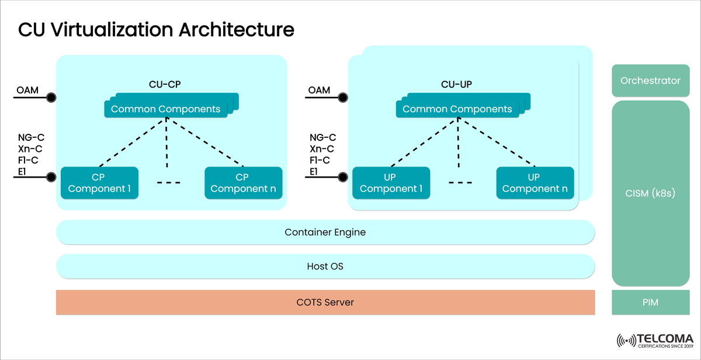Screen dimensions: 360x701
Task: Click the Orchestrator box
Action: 651,81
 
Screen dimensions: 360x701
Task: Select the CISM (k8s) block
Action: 651,193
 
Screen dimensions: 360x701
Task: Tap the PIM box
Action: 651,302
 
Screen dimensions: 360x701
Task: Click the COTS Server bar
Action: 325,302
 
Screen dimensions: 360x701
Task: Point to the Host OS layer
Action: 325,266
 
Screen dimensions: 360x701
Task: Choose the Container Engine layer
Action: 325,232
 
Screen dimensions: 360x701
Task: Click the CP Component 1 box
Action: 99,182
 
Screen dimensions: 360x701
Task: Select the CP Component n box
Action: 242,182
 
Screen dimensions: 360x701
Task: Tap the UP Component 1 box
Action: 391,182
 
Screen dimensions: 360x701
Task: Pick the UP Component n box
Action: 535,182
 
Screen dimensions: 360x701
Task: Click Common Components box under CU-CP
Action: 166,109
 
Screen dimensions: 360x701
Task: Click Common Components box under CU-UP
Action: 457,109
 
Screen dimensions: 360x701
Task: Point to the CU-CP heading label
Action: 165,84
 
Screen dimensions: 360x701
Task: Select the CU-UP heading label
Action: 456,84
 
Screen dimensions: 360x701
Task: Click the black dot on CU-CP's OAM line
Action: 52,97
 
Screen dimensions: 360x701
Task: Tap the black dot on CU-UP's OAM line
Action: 343,97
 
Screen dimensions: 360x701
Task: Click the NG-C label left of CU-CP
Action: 31,138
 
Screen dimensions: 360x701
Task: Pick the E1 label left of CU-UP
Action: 314,171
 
